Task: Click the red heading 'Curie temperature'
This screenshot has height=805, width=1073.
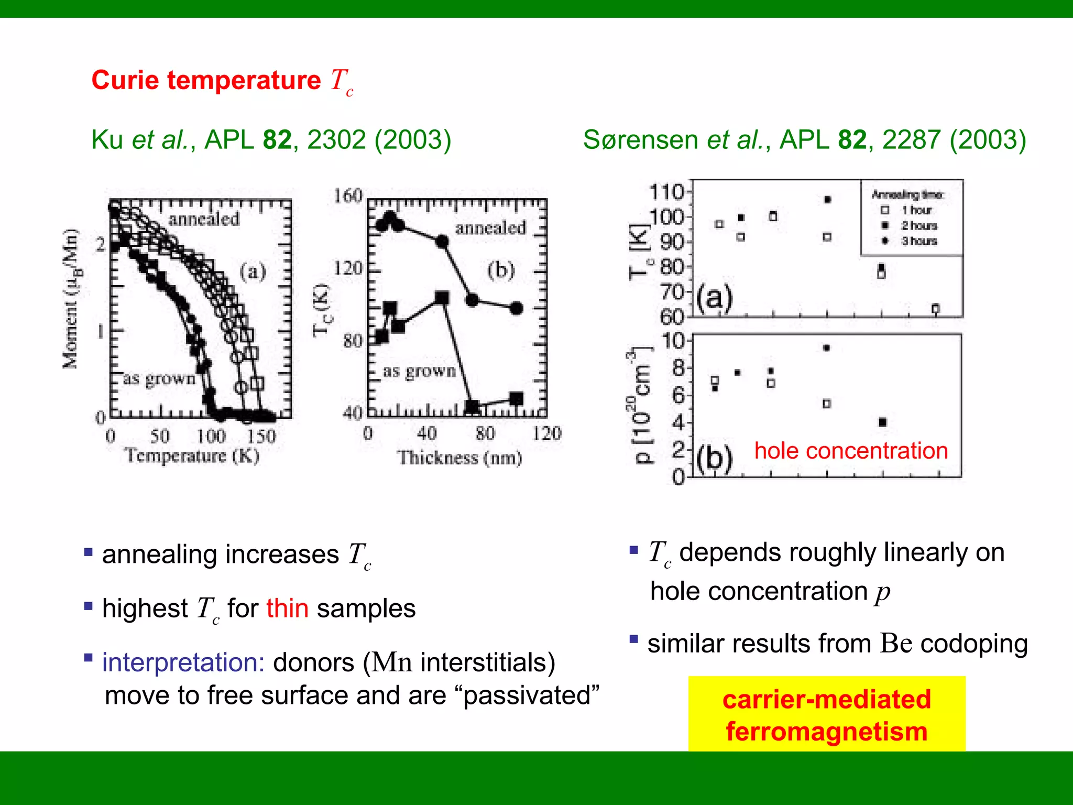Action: [x=206, y=81]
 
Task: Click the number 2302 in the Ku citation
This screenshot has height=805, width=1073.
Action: [x=336, y=140]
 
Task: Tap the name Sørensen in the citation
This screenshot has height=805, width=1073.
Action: [x=640, y=140]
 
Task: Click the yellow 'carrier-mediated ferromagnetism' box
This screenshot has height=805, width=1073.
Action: [x=826, y=715]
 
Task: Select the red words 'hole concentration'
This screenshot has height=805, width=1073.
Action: [x=851, y=451]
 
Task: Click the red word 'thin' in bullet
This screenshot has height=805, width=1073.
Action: [x=287, y=608]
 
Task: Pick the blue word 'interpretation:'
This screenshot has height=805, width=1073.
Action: [x=183, y=662]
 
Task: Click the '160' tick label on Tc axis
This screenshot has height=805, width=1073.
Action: [x=348, y=196]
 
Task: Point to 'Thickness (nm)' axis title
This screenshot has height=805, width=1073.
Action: [x=459, y=458]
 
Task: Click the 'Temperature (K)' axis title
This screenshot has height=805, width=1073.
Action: [x=192, y=455]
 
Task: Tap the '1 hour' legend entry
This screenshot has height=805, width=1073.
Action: [x=916, y=210]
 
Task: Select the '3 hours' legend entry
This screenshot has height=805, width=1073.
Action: [x=918, y=241]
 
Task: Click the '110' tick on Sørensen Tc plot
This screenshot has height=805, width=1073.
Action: [x=666, y=192]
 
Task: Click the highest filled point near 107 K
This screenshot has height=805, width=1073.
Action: [x=827, y=200]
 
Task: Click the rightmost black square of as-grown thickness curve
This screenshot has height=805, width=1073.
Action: [x=516, y=399]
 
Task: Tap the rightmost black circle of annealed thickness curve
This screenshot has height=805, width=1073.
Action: [x=516, y=308]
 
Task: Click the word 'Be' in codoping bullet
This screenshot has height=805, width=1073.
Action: [x=896, y=644]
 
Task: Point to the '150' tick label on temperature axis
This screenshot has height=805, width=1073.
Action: [x=261, y=436]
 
